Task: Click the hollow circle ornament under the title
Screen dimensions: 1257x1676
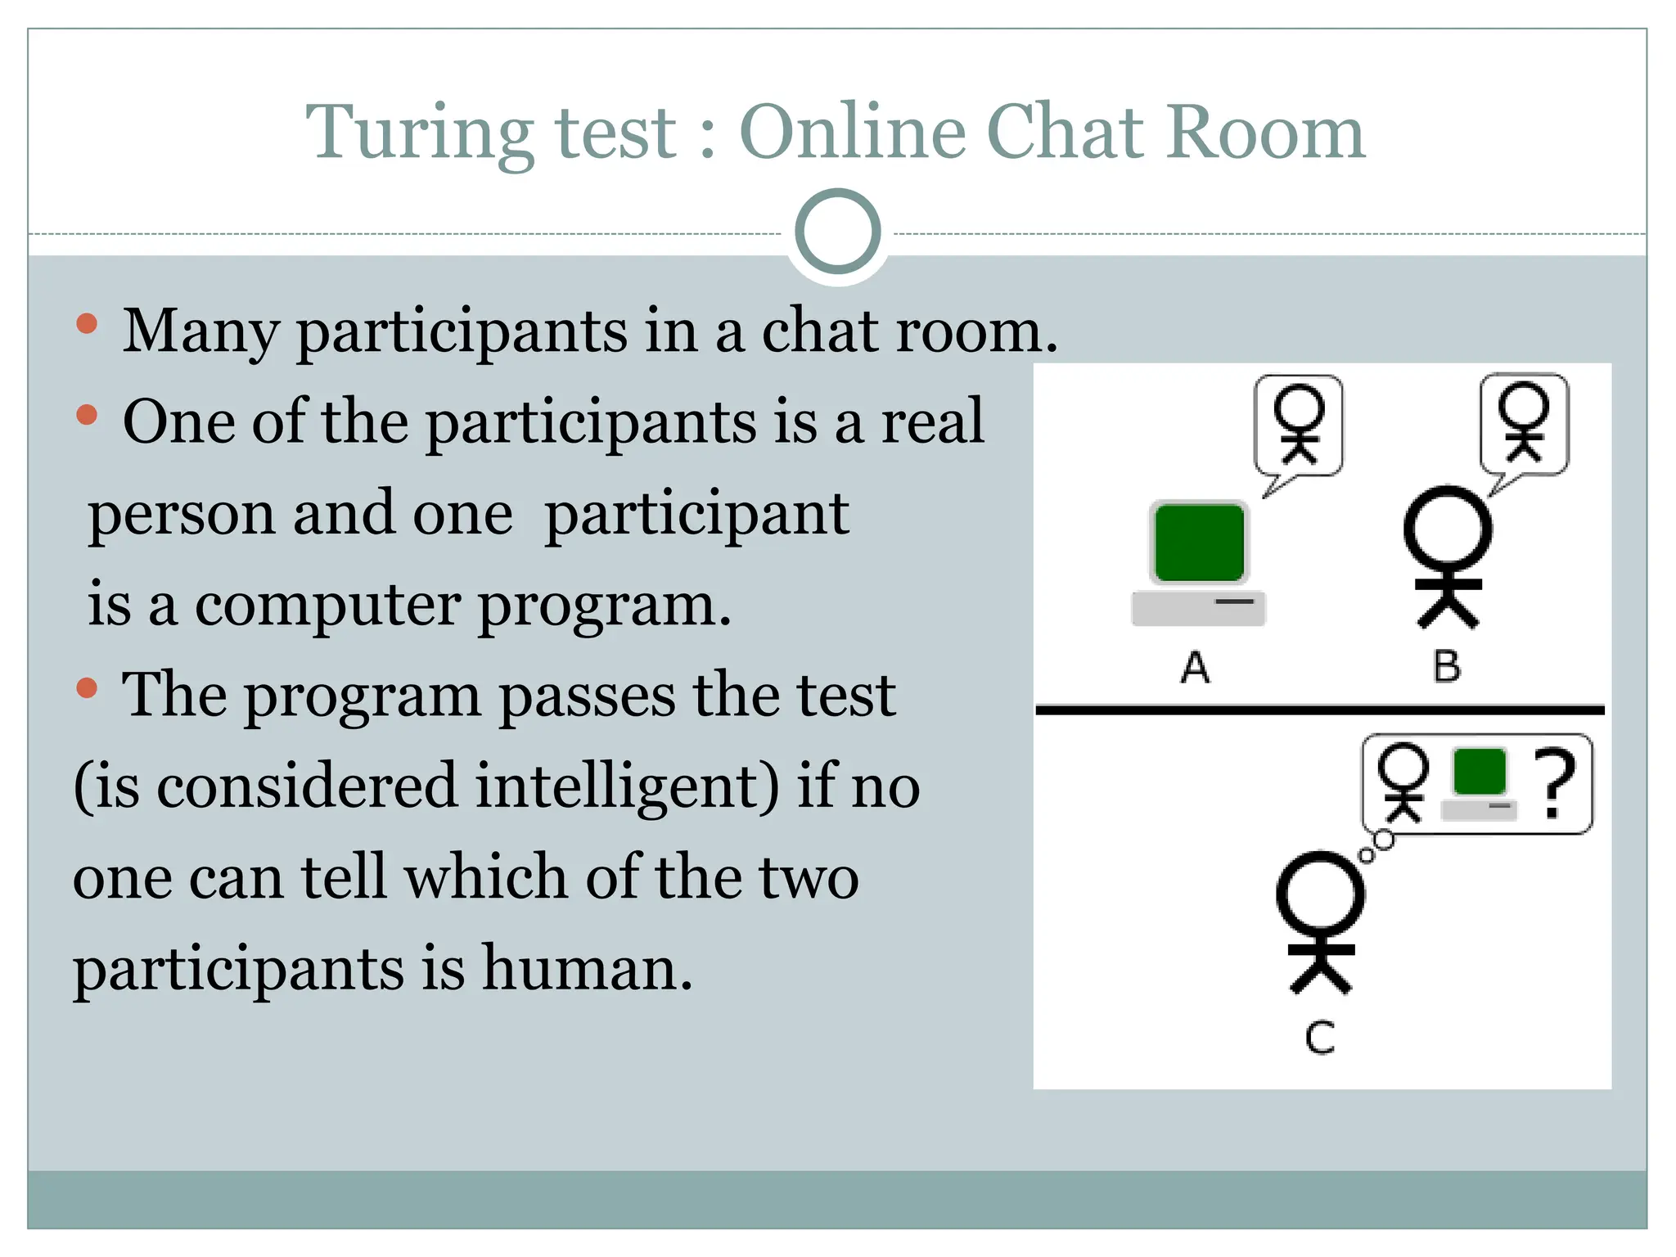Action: [837, 232]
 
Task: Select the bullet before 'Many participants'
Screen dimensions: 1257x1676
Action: [87, 325]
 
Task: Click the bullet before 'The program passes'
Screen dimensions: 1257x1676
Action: [87, 688]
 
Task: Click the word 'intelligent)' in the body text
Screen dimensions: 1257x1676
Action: [628, 786]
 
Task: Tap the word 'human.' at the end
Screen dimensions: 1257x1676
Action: [587, 968]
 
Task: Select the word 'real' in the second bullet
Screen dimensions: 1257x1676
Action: [931, 421]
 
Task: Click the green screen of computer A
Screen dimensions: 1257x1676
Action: [1199, 543]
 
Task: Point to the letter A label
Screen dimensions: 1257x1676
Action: [1196, 668]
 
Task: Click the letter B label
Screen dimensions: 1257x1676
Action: [1447, 666]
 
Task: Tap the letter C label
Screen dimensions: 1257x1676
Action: [1320, 1038]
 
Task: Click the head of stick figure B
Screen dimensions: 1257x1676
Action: [1448, 529]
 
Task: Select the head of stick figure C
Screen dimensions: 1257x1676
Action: [1320, 894]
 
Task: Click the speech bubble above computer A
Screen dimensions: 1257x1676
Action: [1299, 426]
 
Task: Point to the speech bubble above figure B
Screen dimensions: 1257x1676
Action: [1525, 424]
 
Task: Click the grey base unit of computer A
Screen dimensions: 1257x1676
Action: [1198, 609]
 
